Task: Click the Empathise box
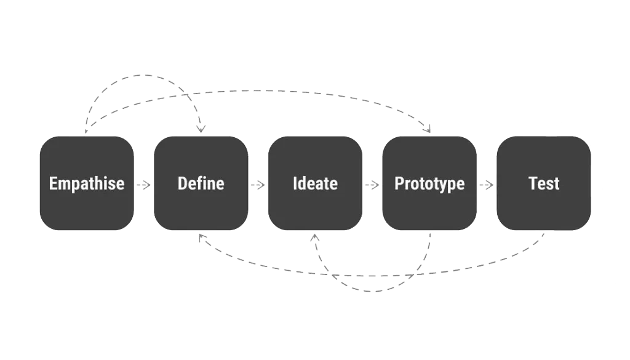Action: pyautogui.click(x=87, y=183)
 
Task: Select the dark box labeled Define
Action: pyautogui.click(x=201, y=183)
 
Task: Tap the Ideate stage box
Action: pyautogui.click(x=315, y=183)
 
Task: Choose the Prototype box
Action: pyautogui.click(x=429, y=183)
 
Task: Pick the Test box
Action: pyautogui.click(x=544, y=183)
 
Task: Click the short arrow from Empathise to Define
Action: pyautogui.click(x=143, y=185)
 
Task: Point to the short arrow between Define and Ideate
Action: pyautogui.click(x=258, y=185)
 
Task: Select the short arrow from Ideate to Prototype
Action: pyautogui.click(x=372, y=185)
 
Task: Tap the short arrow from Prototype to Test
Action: pyautogui.click(x=486, y=185)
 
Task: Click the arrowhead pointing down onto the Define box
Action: pyautogui.click(x=201, y=129)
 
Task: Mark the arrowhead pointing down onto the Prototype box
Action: pyautogui.click(x=428, y=129)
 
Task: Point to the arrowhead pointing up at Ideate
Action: pyautogui.click(x=315, y=238)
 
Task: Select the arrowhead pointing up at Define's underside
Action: pyautogui.click(x=202, y=238)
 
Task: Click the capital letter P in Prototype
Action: pyautogui.click(x=399, y=183)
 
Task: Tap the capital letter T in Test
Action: pyautogui.click(x=532, y=183)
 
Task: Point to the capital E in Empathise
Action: pyautogui.click(x=53, y=183)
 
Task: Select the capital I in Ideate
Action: pyautogui.click(x=295, y=183)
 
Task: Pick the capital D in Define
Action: pyautogui.click(x=182, y=183)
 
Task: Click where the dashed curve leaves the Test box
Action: pyautogui.click(x=544, y=233)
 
